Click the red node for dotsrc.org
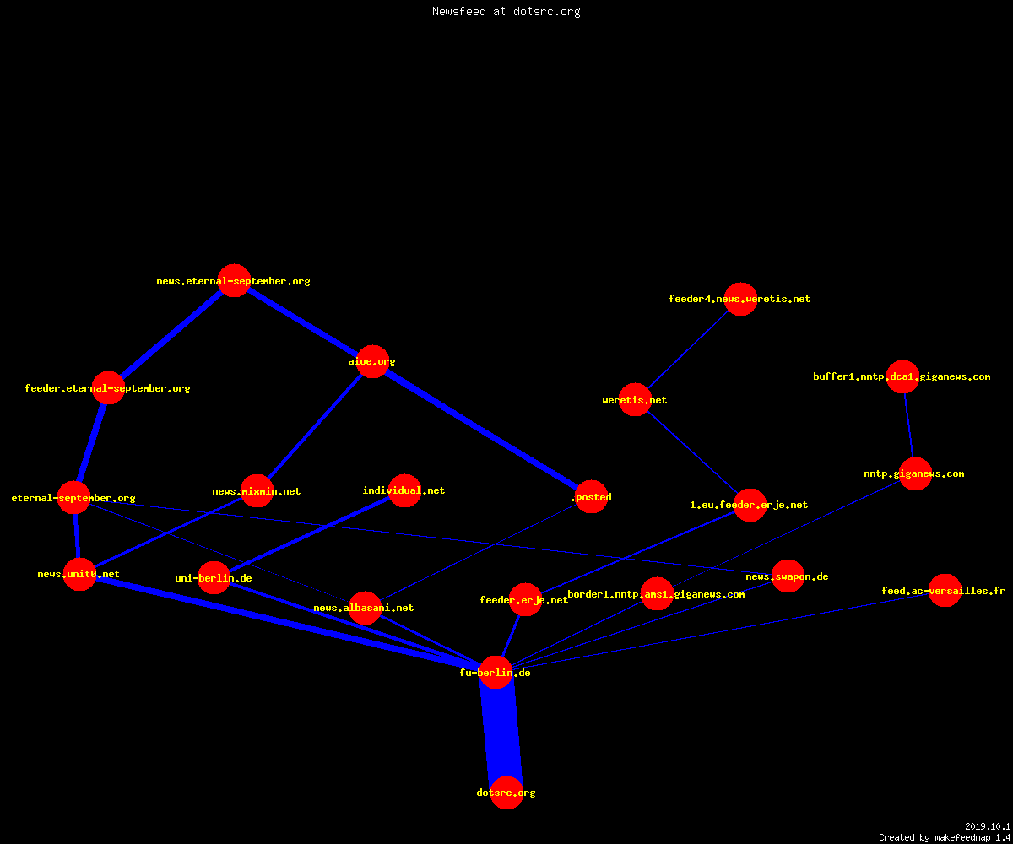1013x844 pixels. tap(506, 793)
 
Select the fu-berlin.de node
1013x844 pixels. tap(496, 673)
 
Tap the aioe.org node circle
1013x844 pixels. tap(372, 361)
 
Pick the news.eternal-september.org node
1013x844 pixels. tap(235, 280)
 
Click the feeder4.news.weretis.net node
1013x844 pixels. tap(740, 299)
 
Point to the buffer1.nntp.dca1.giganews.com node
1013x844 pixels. tap(903, 376)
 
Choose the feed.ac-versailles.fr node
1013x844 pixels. tap(945, 590)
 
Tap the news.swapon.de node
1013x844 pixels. tap(788, 576)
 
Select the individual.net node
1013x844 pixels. tap(404, 490)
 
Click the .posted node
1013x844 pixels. tap(592, 497)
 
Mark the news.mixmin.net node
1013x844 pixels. tap(257, 491)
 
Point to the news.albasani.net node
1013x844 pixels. tap(365, 608)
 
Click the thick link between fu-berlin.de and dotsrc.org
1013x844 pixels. tap(501, 733)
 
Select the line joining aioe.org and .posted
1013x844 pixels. tap(482, 429)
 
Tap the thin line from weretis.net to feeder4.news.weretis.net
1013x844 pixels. tap(687, 349)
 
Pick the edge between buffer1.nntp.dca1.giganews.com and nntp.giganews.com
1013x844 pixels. tap(909, 425)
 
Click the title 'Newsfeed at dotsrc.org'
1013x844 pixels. tap(506, 11)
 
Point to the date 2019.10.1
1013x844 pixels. tap(988, 826)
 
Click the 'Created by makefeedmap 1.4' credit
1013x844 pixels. tap(945, 838)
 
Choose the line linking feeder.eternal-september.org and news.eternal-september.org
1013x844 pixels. tap(171, 334)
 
